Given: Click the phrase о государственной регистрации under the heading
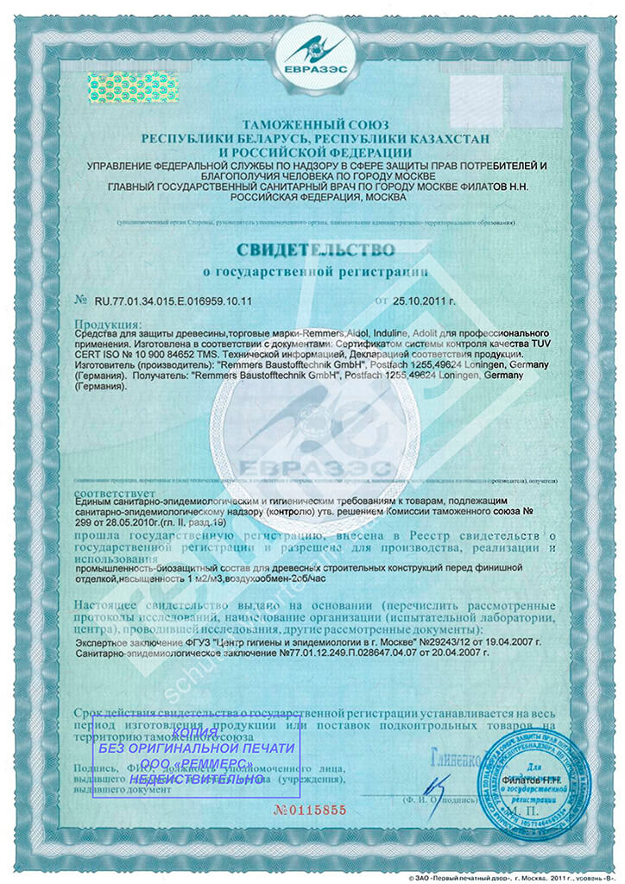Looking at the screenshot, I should click(314, 272).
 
